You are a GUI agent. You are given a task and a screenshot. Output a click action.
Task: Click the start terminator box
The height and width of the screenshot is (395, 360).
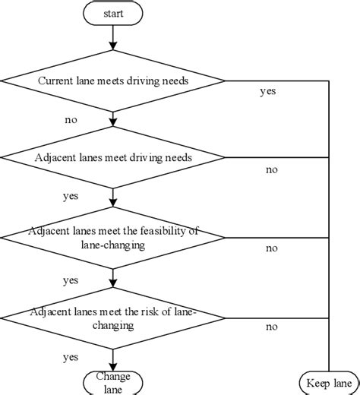pyautogui.click(x=112, y=13)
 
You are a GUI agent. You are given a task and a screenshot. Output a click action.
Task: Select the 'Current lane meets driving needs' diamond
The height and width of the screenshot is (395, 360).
pyautogui.click(x=112, y=80)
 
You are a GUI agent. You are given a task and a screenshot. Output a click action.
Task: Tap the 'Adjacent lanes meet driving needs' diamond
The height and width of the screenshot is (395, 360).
pyautogui.click(x=112, y=157)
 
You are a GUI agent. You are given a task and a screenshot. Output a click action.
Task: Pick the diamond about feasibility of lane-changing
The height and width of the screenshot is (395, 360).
pyautogui.click(x=112, y=236)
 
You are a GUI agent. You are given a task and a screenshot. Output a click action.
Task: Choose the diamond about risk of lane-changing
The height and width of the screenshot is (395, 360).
pyautogui.click(x=112, y=317)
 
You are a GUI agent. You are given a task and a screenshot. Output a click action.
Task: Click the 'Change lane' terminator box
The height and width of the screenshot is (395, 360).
pyautogui.click(x=112, y=381)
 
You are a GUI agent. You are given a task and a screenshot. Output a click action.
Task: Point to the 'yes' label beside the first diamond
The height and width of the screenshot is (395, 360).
pyautogui.click(x=267, y=92)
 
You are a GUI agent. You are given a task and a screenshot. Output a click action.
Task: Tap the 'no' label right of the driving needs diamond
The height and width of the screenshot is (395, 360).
pyautogui.click(x=271, y=169)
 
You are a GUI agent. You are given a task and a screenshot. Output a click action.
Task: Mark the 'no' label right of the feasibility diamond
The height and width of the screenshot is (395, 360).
pyautogui.click(x=271, y=248)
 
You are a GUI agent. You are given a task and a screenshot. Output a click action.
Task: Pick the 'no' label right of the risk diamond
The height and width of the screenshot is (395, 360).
pyautogui.click(x=271, y=327)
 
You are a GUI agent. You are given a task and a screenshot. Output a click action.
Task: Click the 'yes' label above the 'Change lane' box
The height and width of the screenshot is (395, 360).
pyautogui.click(x=71, y=355)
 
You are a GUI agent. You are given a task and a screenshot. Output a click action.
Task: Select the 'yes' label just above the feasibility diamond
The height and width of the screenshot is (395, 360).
pyautogui.click(x=71, y=196)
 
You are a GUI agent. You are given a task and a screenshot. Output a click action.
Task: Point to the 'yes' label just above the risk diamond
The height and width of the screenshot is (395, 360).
pyautogui.click(x=71, y=280)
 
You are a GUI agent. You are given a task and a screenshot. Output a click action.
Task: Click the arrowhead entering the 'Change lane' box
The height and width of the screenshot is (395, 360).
pyautogui.click(x=112, y=365)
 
